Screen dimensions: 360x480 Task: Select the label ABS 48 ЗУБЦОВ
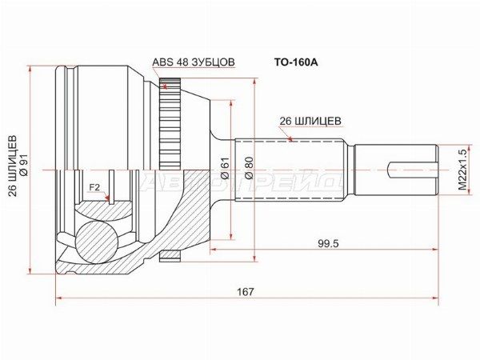pyautogui.click(x=194, y=61)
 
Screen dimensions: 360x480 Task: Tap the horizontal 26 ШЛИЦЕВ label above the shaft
pyautogui.click(x=310, y=121)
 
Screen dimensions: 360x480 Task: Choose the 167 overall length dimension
pyautogui.click(x=246, y=291)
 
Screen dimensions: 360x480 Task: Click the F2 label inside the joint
pyautogui.click(x=94, y=189)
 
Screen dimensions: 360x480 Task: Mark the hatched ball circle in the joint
pyautogui.click(x=97, y=241)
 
